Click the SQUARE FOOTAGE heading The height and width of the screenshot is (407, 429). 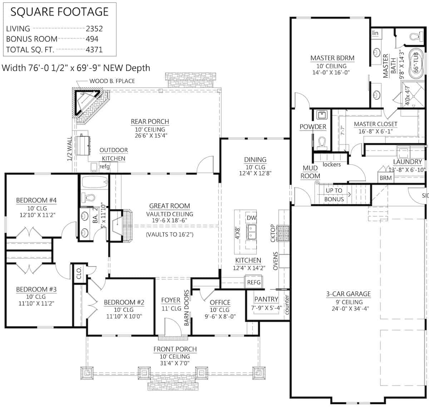(x=59, y=12)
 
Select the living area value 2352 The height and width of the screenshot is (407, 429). (x=94, y=29)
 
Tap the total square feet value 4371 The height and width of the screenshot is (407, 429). (x=94, y=50)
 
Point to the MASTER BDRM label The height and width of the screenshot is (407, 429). (x=332, y=58)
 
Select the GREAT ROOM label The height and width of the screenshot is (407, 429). (x=169, y=206)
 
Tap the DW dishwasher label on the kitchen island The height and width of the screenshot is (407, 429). (x=251, y=218)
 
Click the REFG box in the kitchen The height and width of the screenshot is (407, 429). (x=254, y=282)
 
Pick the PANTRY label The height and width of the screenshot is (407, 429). (x=266, y=299)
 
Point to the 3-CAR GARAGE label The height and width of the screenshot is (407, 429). (x=348, y=294)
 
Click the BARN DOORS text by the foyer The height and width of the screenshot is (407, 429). (x=186, y=308)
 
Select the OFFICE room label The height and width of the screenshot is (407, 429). (x=220, y=303)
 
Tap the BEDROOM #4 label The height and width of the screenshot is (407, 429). (x=36, y=200)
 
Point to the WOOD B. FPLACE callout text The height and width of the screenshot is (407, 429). (x=112, y=81)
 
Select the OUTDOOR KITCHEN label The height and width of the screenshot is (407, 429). (x=114, y=154)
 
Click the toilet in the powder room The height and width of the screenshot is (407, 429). (x=321, y=142)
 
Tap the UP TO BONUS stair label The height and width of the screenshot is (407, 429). (x=334, y=195)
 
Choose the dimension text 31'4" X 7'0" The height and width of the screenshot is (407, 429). (x=175, y=363)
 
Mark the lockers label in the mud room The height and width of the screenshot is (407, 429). (x=331, y=165)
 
